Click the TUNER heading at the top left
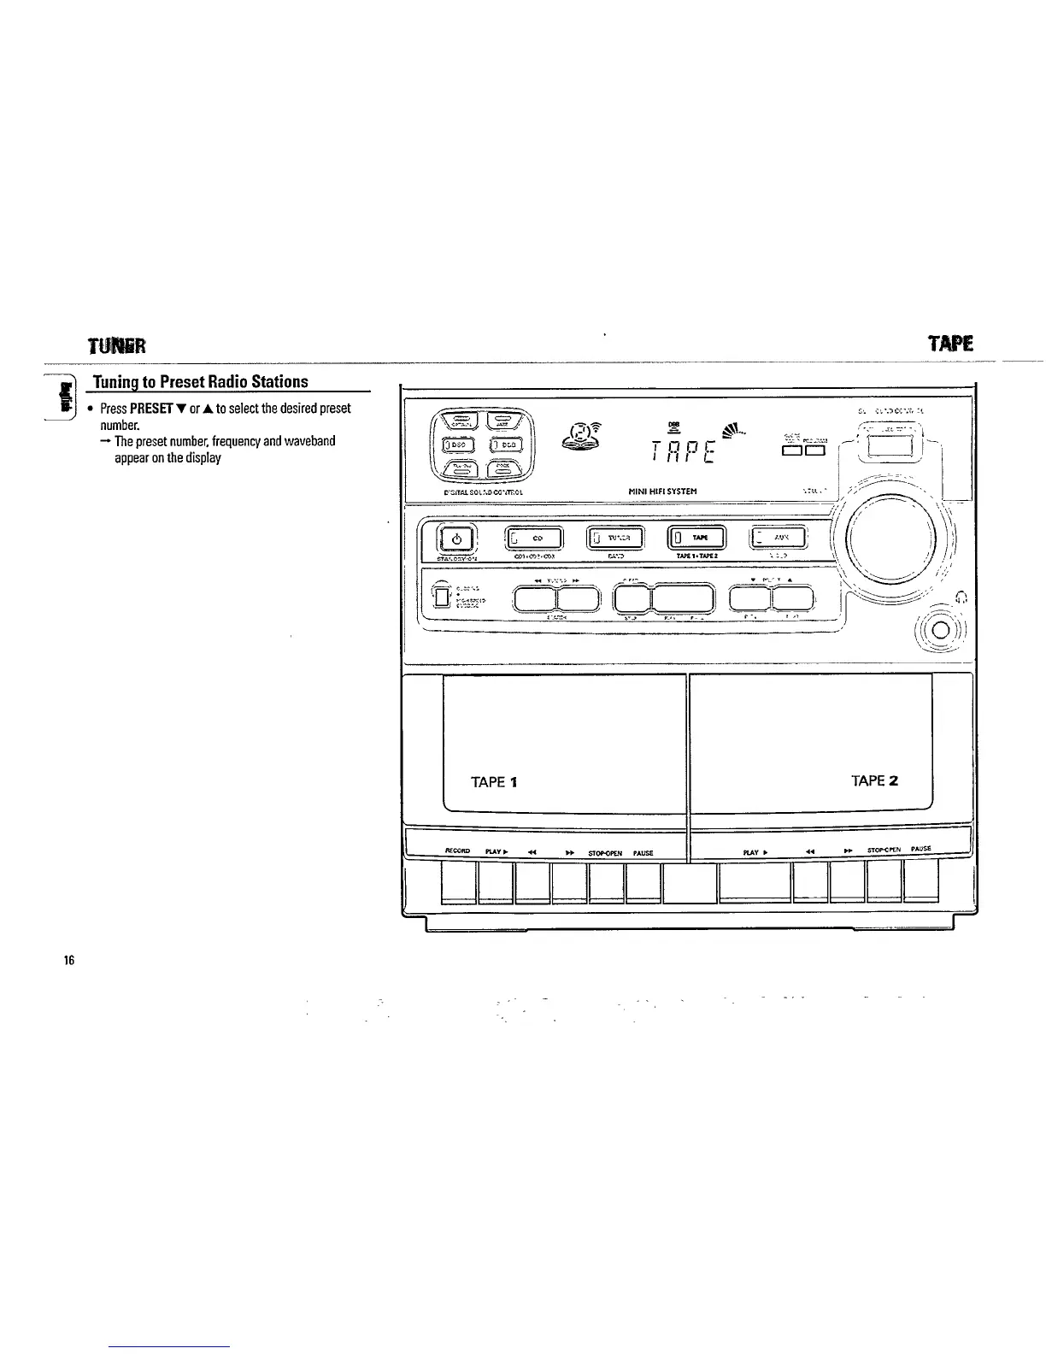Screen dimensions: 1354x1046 tap(117, 345)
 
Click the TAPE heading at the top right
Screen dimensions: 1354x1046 tap(950, 344)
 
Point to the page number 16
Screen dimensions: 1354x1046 tap(68, 961)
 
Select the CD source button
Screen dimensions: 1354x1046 tap(536, 538)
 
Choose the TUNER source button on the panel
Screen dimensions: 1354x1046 tap(615, 538)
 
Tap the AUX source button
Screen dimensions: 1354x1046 tap(778, 537)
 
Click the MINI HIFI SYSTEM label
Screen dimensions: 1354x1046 tap(663, 492)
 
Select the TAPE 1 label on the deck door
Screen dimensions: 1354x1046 tap(493, 781)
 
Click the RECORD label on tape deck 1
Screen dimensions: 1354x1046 tap(457, 851)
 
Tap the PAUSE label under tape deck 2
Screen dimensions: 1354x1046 tap(920, 849)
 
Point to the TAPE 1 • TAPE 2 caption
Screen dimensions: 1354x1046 tap(697, 556)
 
